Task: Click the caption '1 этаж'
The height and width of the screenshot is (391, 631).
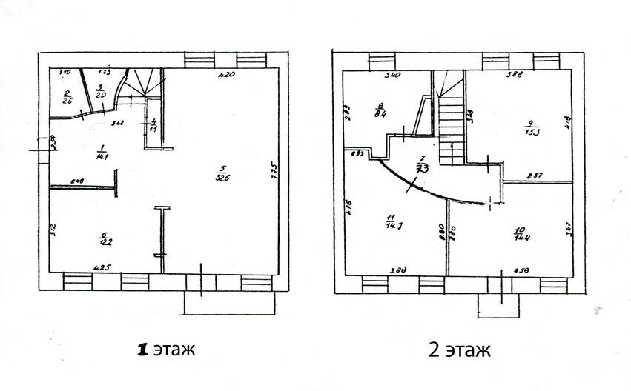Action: (x=164, y=349)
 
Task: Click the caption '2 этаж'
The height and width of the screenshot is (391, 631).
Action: (x=457, y=349)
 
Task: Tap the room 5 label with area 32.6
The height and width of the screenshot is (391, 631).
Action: (x=221, y=173)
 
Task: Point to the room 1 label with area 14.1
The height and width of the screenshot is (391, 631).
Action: (x=100, y=152)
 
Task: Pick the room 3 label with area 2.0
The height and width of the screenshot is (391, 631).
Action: (x=102, y=91)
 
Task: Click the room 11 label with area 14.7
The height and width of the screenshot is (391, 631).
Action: (x=391, y=221)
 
